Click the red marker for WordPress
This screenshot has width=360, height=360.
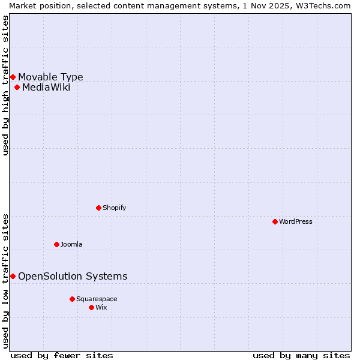coord(275,221)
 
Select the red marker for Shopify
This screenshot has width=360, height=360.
coord(98,208)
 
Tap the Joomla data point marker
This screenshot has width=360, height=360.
coord(56,244)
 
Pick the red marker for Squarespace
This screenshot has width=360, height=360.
coord(72,299)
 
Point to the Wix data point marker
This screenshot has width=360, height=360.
coord(91,307)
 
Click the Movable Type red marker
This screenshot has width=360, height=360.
coord(13,77)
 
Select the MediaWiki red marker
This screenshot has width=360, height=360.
coord(17,88)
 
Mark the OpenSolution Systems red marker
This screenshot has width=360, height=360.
coord(13,276)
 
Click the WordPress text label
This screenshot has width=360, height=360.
coord(296,221)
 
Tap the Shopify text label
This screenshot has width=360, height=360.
coord(114,208)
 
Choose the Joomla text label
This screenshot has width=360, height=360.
coord(71,244)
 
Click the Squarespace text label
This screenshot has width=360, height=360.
coord(97,299)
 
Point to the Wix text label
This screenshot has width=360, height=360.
coord(101,307)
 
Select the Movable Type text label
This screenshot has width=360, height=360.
coord(50,77)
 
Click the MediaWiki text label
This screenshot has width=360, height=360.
coord(46,88)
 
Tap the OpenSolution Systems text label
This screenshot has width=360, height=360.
coord(73,276)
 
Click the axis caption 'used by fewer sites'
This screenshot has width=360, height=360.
coord(62,355)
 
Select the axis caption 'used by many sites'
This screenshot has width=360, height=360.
coord(301,355)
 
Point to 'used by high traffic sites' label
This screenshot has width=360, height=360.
coord(5,85)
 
